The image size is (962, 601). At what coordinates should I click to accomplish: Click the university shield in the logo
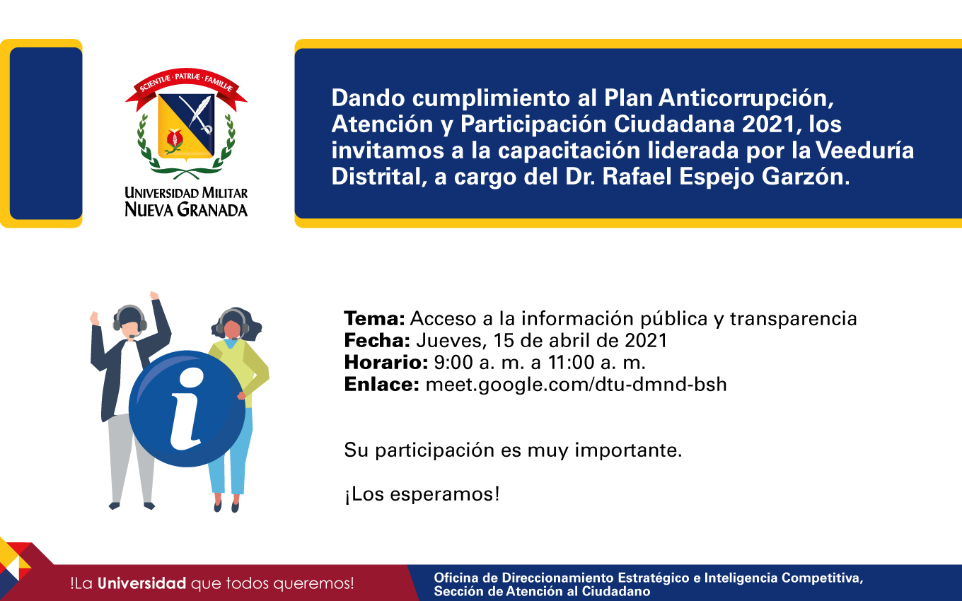click(x=187, y=126)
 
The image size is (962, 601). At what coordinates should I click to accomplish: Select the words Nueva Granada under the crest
click(x=186, y=210)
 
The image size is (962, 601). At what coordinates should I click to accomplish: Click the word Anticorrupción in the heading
click(x=746, y=98)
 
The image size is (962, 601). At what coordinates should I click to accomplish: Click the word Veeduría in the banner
click(x=864, y=150)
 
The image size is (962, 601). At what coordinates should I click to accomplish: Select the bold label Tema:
click(x=374, y=318)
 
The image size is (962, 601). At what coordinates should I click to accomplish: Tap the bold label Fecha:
click(x=377, y=340)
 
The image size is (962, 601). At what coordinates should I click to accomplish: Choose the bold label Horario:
click(x=386, y=362)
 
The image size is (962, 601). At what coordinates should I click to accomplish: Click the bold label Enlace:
click(x=382, y=384)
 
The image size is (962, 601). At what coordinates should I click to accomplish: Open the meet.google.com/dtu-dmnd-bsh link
click(x=576, y=385)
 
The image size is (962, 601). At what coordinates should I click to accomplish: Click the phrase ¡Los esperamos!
click(x=422, y=494)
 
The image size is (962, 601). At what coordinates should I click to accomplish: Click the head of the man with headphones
click(x=129, y=322)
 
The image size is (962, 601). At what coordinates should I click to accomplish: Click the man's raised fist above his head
click(x=154, y=296)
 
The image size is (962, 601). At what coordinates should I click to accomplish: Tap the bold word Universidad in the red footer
click(x=141, y=583)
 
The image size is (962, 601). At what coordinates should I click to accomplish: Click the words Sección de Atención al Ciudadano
click(x=542, y=591)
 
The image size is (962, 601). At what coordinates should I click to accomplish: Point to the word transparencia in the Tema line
click(x=793, y=319)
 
